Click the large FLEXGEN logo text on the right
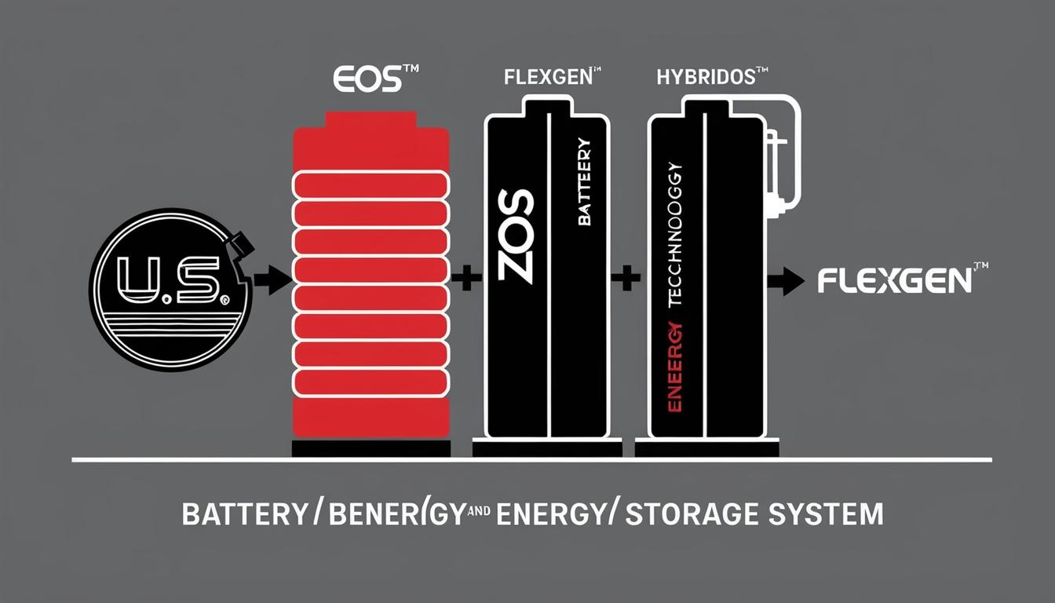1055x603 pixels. pos(893,281)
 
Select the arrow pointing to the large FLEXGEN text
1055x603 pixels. pos(786,281)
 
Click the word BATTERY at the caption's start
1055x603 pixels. pos(243,514)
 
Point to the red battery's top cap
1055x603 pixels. pos(371,121)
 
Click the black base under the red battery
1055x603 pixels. pos(371,448)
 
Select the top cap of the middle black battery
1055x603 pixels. pos(547,106)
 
